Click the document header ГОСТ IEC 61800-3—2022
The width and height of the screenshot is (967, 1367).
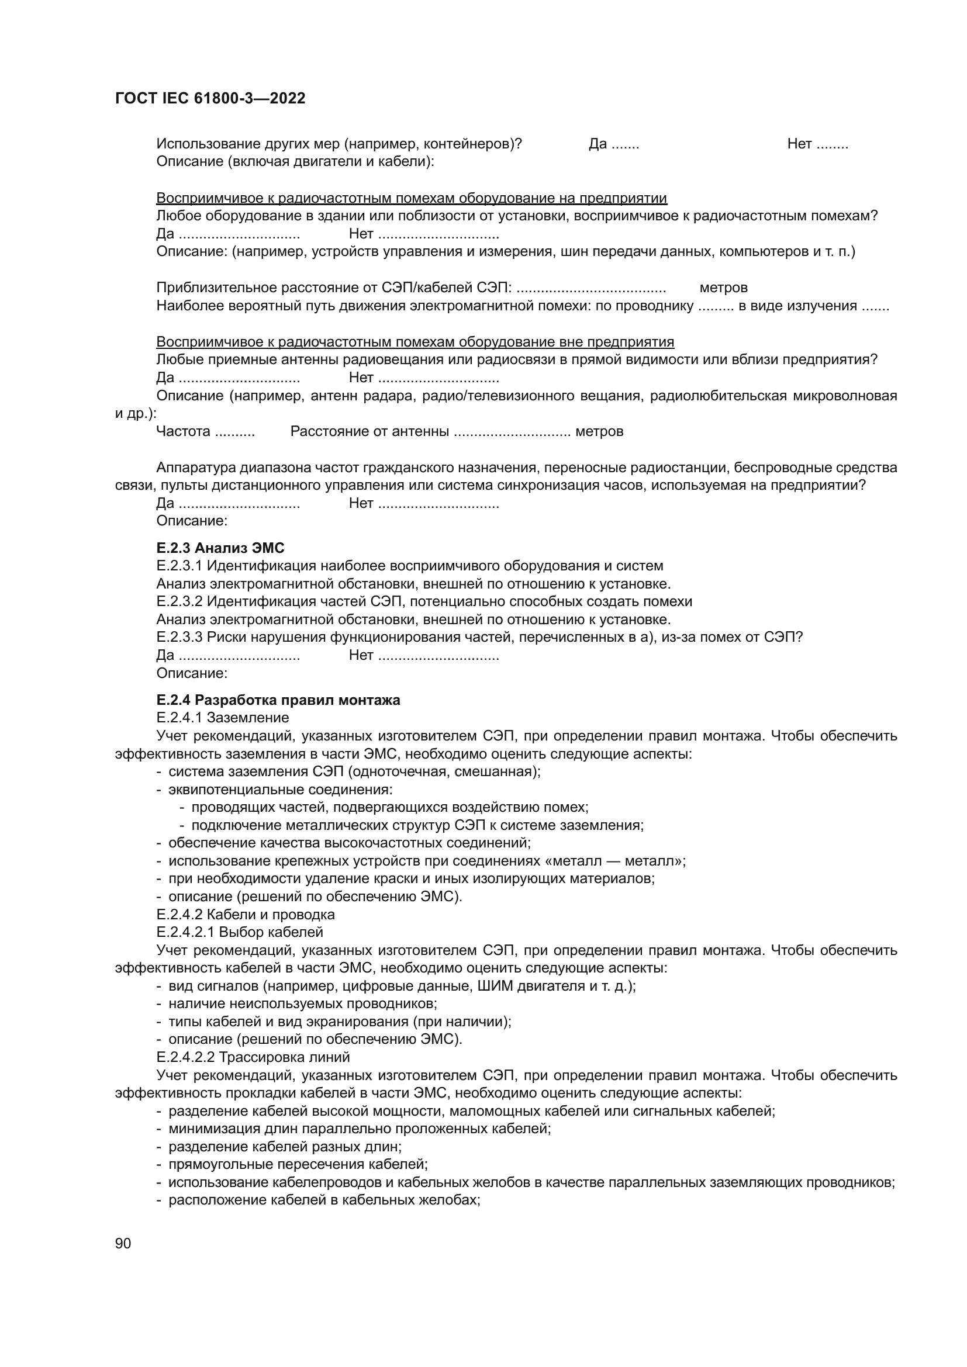tap(210, 99)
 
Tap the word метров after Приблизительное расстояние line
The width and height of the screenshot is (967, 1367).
tap(723, 288)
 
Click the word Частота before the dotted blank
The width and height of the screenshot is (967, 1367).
tap(184, 431)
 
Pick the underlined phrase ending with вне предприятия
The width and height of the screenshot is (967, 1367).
tap(415, 342)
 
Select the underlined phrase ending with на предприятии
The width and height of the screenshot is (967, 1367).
tap(412, 198)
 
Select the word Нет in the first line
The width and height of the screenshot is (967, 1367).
tap(799, 144)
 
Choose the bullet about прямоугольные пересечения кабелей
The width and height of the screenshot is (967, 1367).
tap(298, 1164)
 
